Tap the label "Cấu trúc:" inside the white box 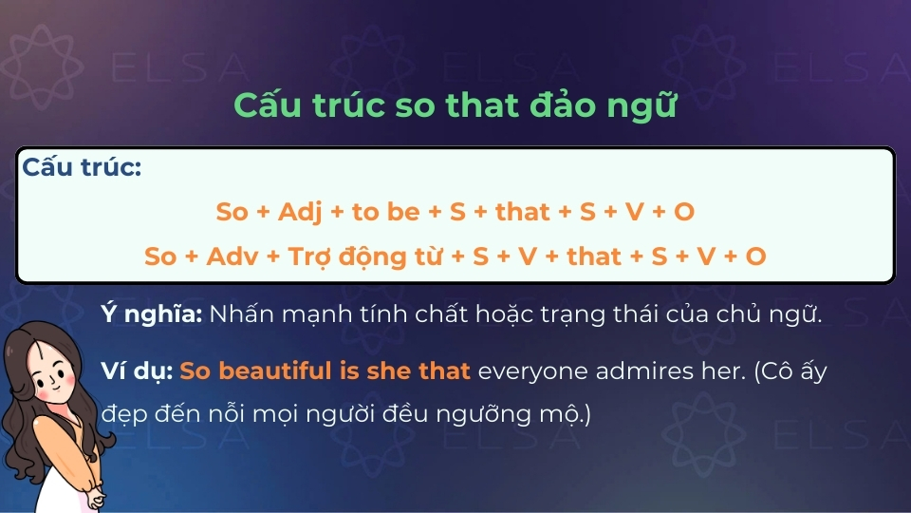click(82, 168)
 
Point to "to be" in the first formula click(385, 212)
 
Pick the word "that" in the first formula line click(523, 212)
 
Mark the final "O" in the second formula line click(755, 256)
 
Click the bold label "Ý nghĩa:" click(151, 314)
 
